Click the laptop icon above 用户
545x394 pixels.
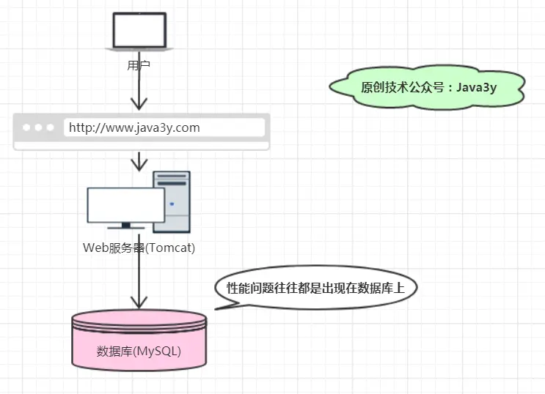[x=139, y=31]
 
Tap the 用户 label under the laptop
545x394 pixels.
[x=139, y=66]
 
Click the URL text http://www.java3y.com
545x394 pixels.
[x=134, y=128]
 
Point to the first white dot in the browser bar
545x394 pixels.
[x=27, y=127]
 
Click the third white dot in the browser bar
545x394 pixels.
[x=50, y=127]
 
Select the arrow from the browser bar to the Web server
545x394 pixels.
[x=139, y=160]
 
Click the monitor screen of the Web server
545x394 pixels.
[x=125, y=205]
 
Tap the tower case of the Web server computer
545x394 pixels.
[x=172, y=201]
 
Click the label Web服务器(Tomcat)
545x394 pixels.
[x=139, y=248]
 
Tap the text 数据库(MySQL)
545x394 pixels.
[x=139, y=352]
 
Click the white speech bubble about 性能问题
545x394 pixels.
[x=315, y=288]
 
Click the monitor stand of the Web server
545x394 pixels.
[x=125, y=226]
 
